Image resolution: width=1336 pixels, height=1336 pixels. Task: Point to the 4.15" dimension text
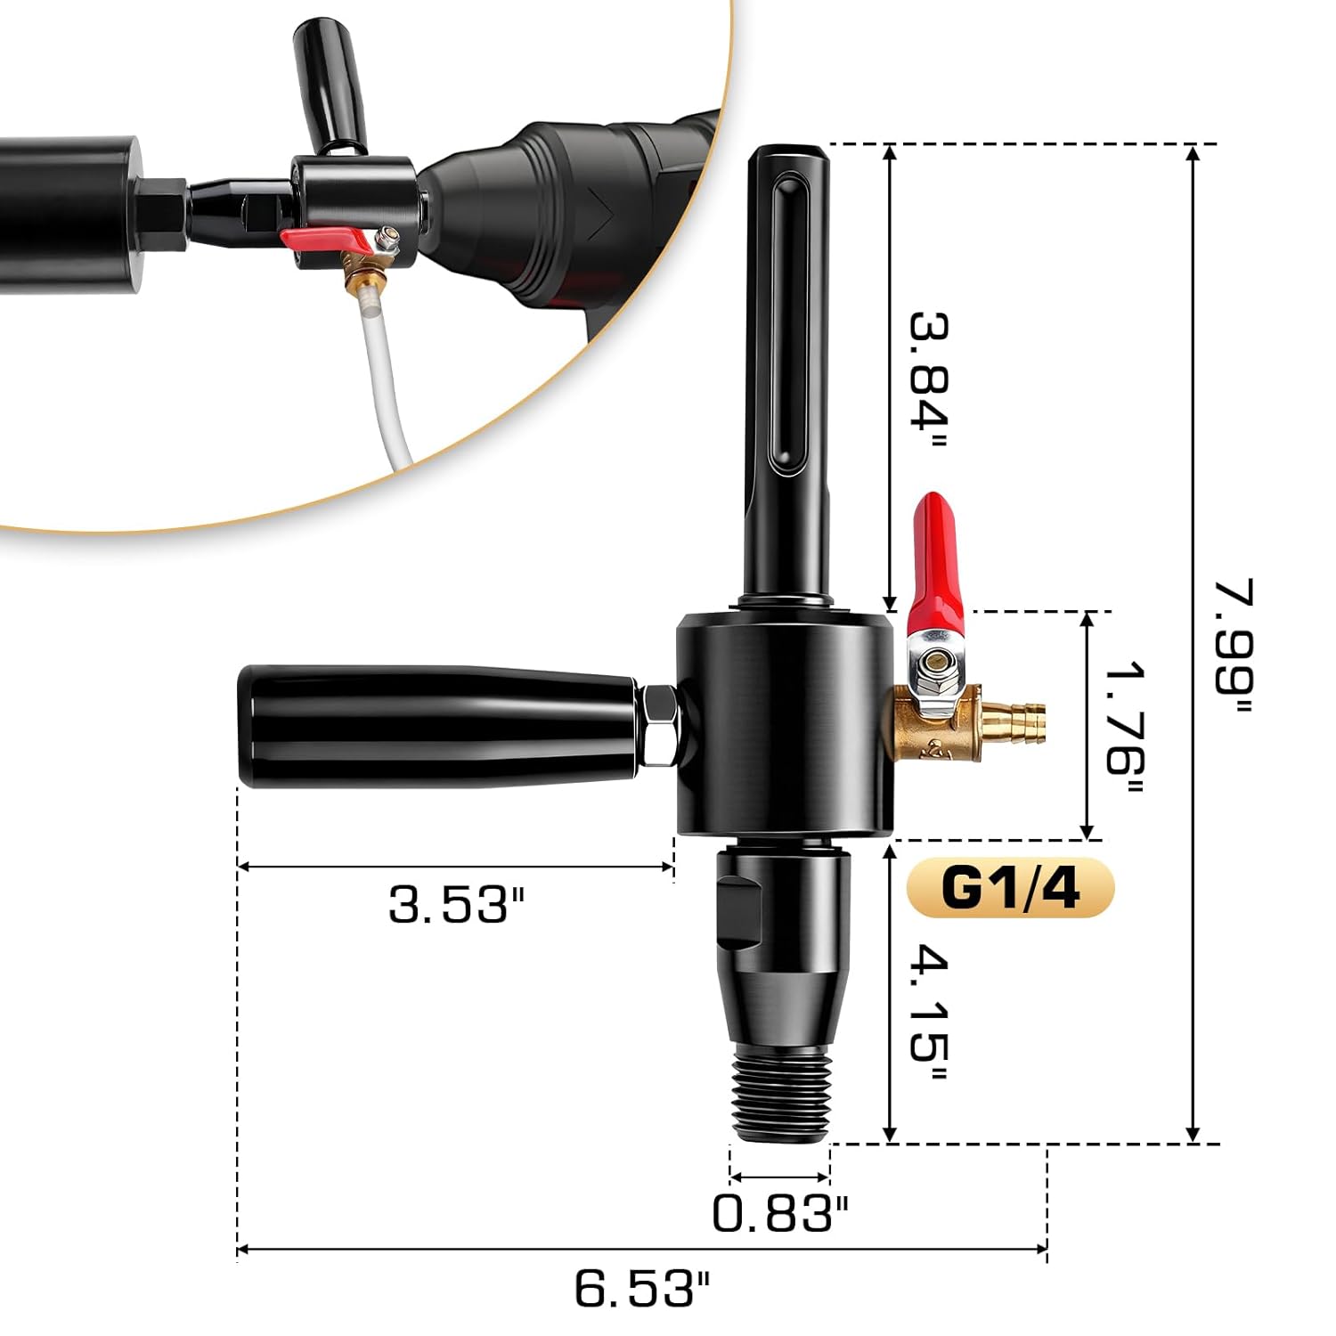929,1015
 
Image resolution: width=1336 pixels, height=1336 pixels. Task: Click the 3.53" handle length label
457,905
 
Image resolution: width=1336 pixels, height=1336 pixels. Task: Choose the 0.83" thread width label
780,1212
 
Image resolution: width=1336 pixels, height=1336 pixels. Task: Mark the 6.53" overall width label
641,1288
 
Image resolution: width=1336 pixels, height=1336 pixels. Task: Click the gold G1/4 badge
1010,888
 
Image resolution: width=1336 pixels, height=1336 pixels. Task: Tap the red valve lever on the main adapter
935,561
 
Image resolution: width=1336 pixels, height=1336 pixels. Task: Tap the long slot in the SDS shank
788,321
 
